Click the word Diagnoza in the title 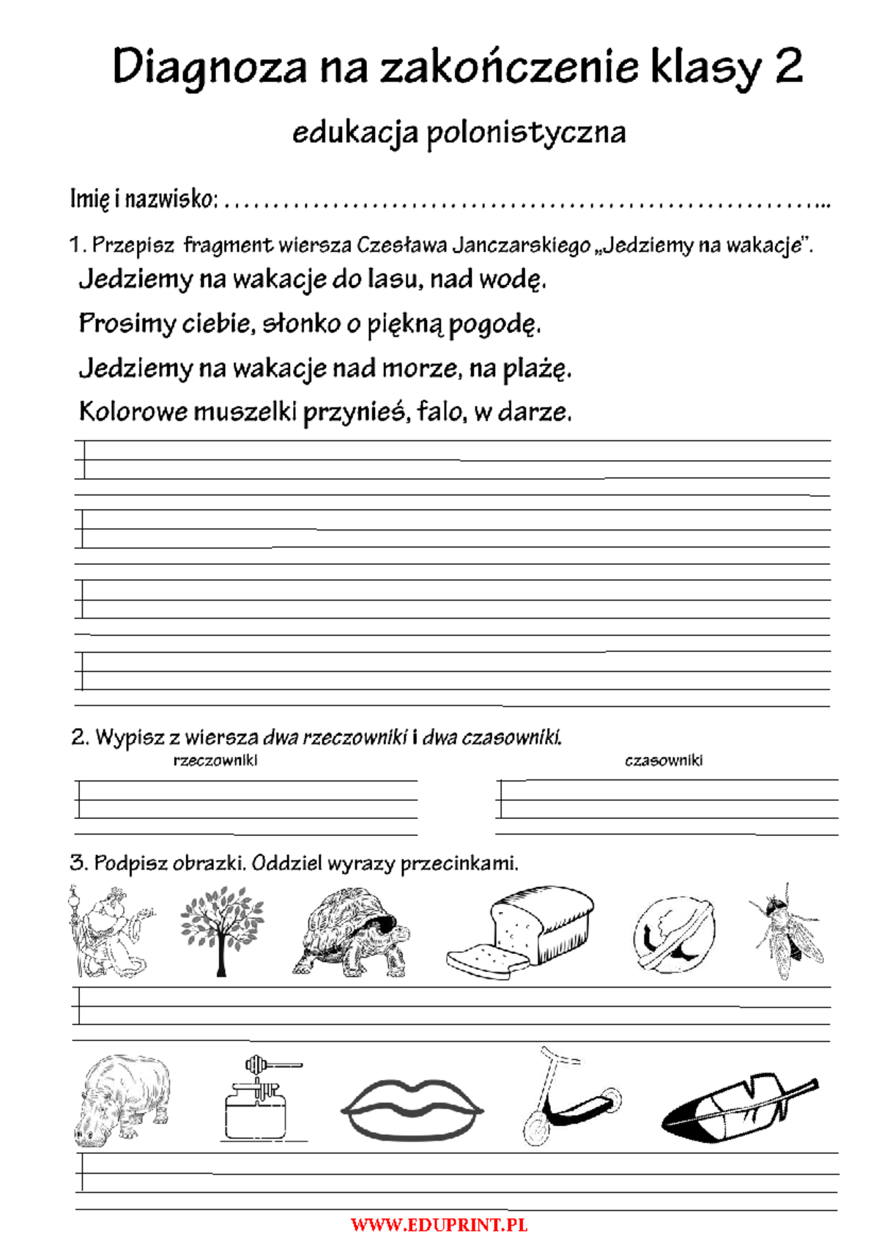pos(209,67)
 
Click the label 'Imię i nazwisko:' pos(144,199)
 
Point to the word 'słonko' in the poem pos(302,323)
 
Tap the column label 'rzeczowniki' pos(215,760)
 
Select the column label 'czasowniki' pos(664,760)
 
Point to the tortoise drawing pos(353,933)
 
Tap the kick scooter pos(568,1097)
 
